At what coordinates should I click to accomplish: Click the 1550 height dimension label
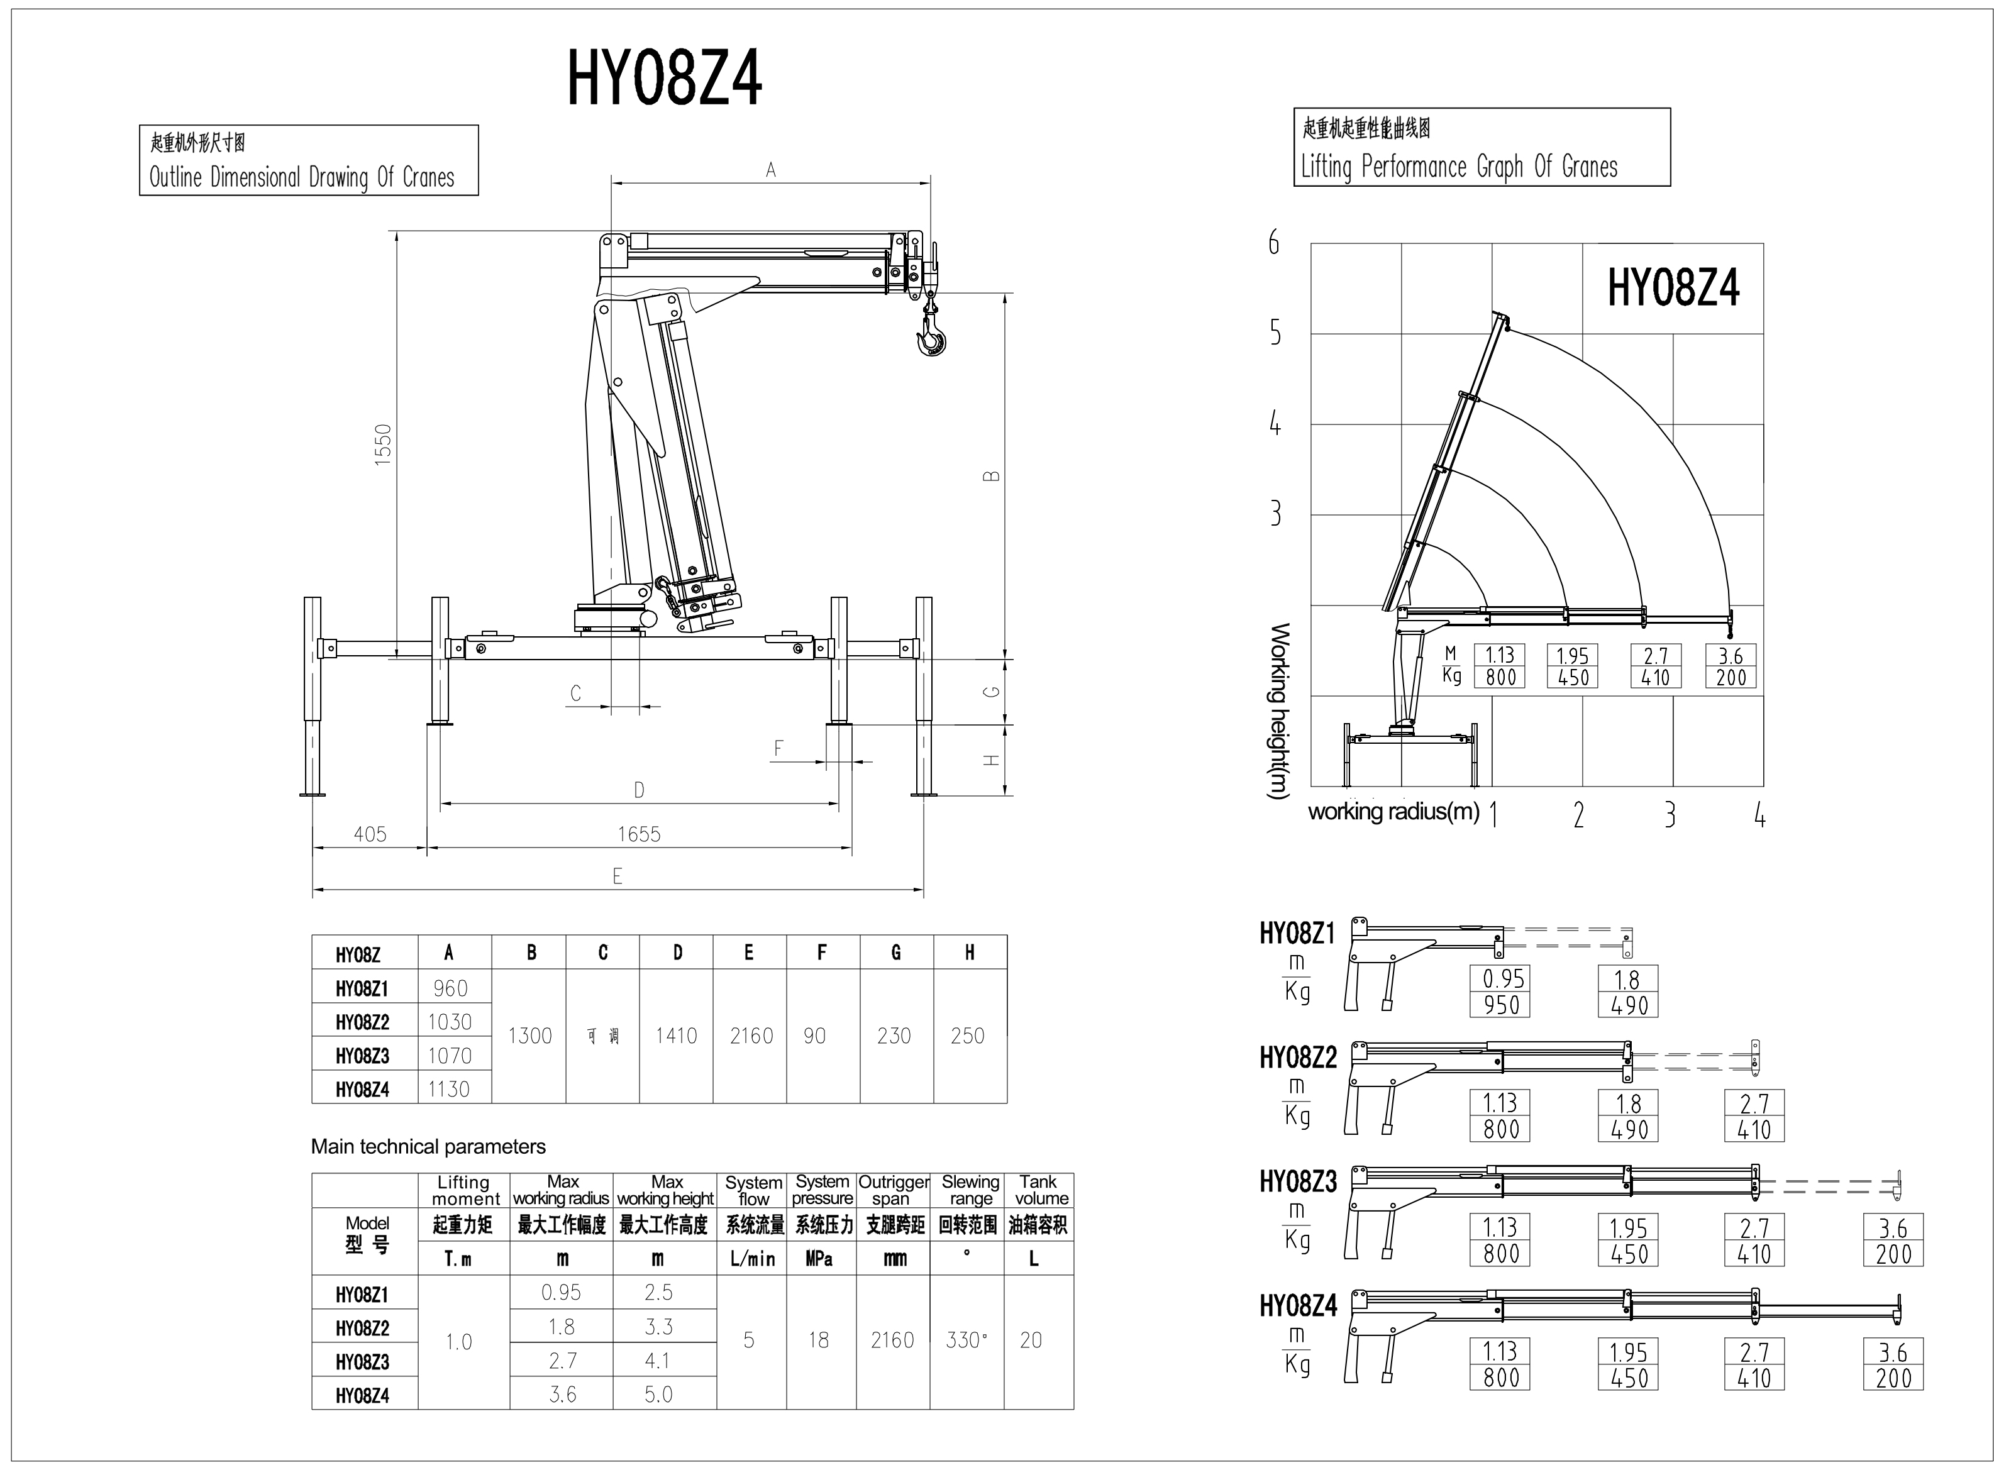382,445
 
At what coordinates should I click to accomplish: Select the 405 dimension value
370,834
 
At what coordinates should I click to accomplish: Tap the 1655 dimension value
639,834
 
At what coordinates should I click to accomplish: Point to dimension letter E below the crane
617,876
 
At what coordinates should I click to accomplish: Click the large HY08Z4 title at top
665,79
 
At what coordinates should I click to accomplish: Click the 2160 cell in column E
751,1036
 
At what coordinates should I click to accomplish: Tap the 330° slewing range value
967,1340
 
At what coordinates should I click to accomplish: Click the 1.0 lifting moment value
459,1342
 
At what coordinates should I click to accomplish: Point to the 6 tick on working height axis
1274,242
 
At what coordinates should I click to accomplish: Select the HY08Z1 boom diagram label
1297,934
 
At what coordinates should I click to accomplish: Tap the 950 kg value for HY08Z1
1501,1005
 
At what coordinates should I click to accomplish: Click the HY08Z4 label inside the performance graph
1673,289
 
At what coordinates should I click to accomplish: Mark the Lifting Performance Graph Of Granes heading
1459,167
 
